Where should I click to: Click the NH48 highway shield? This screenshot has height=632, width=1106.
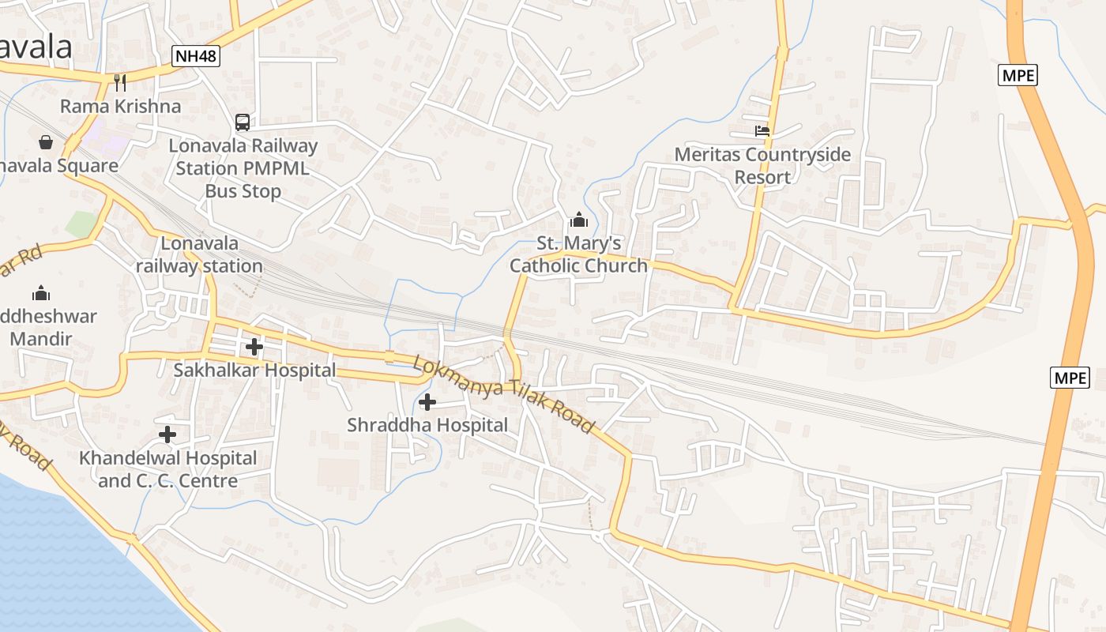coord(196,56)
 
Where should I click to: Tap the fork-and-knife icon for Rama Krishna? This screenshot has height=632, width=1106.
coord(120,83)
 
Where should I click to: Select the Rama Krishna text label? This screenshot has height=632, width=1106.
coord(120,106)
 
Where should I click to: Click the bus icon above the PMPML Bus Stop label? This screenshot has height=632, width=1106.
coord(243,122)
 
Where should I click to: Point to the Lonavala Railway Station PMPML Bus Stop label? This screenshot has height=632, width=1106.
coord(243,168)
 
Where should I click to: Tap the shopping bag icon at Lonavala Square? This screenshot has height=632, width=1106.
coord(46,142)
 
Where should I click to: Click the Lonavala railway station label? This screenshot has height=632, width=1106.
coord(199,254)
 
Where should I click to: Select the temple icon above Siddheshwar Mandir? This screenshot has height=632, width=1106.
coord(41,294)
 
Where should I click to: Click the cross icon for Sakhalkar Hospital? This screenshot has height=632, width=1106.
coord(254,346)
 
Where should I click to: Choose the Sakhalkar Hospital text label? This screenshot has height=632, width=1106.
coord(254,370)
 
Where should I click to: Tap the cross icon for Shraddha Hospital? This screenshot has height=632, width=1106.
coord(427,402)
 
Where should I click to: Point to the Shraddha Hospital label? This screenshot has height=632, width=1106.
coord(427,425)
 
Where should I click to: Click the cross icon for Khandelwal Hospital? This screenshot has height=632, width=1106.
coord(167,434)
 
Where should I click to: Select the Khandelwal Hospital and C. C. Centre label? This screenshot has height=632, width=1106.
coord(167,469)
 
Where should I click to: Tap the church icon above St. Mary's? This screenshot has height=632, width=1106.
coord(579,220)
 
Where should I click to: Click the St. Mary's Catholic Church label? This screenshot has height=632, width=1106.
coord(578,254)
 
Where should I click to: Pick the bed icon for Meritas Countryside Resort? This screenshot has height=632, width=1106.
coord(762,131)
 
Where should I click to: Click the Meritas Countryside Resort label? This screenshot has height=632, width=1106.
coord(762,165)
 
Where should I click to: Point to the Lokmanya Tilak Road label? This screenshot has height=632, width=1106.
coord(503,394)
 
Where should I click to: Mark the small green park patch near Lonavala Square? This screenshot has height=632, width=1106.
coord(81,224)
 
